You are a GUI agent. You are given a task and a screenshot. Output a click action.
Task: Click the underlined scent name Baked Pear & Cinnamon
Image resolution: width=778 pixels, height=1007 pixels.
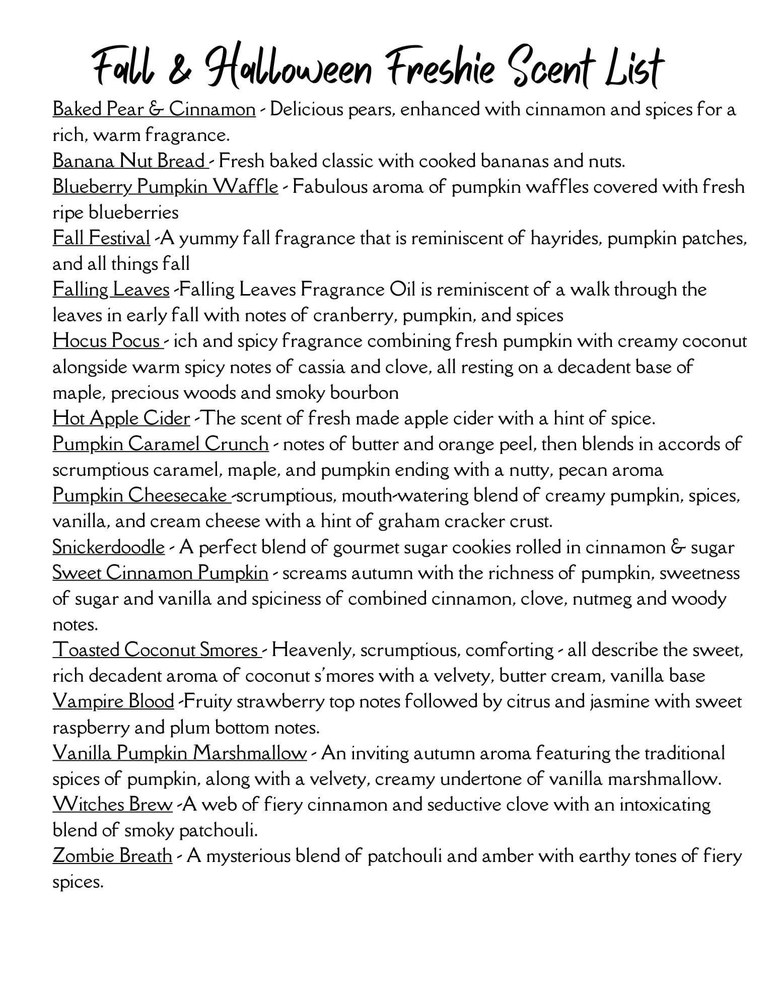(x=154, y=109)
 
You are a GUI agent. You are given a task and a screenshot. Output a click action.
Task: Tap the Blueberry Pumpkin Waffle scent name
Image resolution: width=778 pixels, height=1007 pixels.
(x=165, y=187)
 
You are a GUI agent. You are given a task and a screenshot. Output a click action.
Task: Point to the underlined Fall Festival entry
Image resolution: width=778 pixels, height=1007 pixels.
(x=101, y=238)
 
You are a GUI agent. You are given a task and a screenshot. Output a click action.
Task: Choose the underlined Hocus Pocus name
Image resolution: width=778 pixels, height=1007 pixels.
(x=106, y=341)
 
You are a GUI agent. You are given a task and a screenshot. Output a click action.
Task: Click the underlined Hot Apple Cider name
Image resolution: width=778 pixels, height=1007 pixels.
(x=121, y=418)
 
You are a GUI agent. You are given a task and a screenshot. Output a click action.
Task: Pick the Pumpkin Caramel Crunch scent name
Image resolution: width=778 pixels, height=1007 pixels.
(x=161, y=444)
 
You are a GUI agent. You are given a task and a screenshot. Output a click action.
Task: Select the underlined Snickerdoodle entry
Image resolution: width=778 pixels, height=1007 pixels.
(x=108, y=547)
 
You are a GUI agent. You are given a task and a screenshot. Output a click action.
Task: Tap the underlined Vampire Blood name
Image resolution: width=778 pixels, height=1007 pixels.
(x=113, y=701)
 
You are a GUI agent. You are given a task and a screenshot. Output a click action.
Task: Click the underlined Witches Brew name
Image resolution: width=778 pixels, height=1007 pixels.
(x=112, y=805)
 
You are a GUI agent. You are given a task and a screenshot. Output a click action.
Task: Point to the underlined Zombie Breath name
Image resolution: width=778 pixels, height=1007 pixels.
(x=112, y=856)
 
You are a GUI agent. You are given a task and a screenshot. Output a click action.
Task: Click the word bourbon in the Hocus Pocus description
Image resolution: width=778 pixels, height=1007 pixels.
(x=364, y=393)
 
